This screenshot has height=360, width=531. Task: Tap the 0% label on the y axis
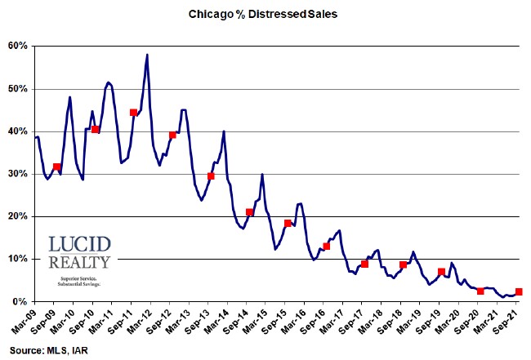(22, 302)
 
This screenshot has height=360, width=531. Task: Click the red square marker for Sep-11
(133, 113)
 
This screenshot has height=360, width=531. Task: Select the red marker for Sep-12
(172, 135)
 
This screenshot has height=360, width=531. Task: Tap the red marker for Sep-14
(250, 212)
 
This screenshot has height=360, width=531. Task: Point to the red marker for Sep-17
(364, 264)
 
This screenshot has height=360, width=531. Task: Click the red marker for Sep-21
(519, 291)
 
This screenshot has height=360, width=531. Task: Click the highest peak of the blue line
(147, 55)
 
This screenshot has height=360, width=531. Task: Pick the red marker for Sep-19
(441, 272)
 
